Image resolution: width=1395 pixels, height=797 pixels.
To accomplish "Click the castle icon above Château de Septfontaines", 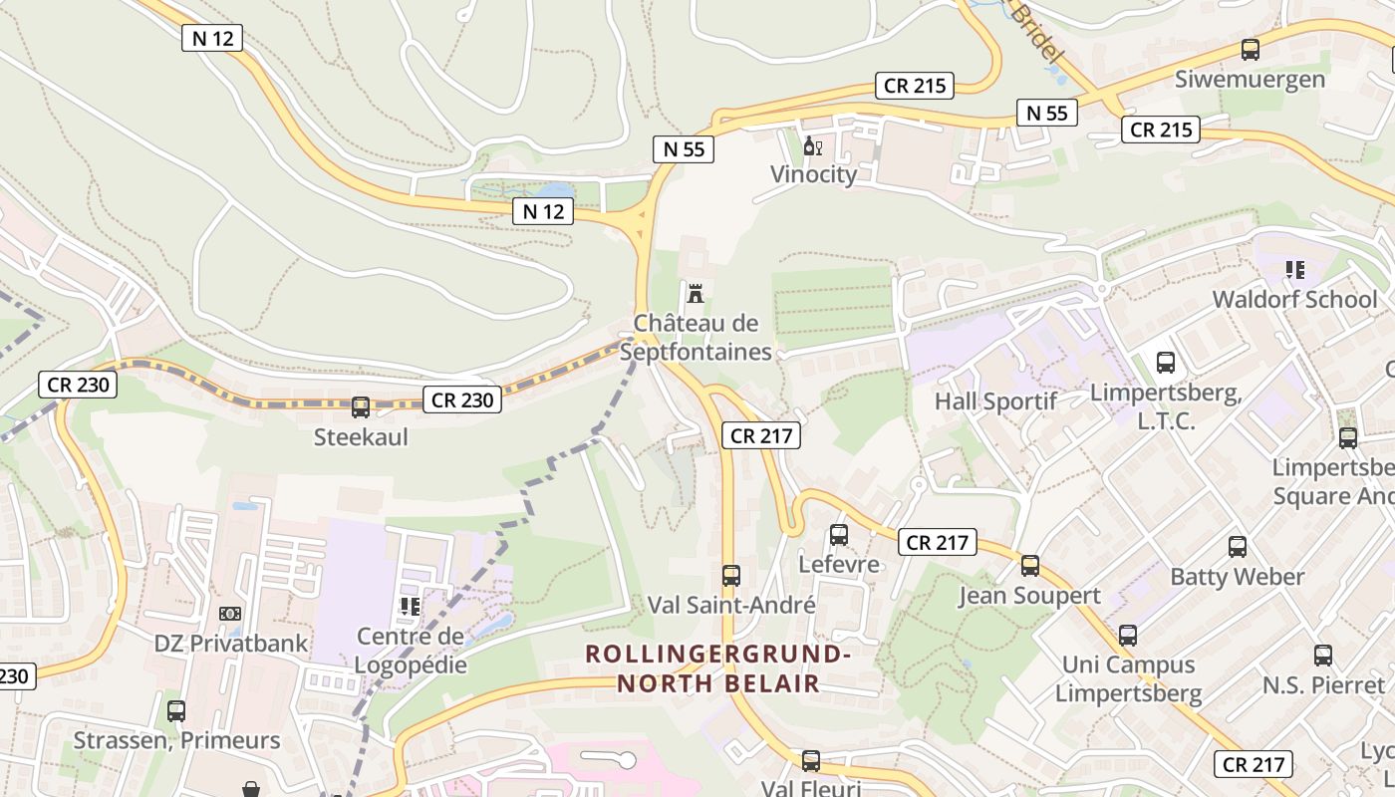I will [696, 294].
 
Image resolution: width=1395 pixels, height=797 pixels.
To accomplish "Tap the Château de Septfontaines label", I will [696, 338].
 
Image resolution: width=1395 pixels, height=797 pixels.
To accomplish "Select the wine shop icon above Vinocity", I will [813, 147].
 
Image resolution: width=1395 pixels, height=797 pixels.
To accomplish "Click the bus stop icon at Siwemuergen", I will [1250, 50].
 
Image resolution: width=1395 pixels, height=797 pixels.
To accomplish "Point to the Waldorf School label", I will [1294, 299].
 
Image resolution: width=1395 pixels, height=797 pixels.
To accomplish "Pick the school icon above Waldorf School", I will [1294, 270].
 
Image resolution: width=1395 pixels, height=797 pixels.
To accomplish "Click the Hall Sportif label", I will [995, 401].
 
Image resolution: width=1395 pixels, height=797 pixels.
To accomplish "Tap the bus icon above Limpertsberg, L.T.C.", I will [1165, 363].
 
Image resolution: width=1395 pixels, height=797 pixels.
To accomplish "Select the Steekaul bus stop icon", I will [361, 407].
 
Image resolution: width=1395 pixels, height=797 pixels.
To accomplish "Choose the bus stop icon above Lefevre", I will [839, 535].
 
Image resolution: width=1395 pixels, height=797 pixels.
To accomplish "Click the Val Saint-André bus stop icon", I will [731, 575].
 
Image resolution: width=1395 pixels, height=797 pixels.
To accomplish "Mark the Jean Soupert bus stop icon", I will [1029, 566].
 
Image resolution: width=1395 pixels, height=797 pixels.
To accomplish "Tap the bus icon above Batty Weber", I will [1237, 547].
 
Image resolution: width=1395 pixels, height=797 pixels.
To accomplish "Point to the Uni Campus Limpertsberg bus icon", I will [1127, 636].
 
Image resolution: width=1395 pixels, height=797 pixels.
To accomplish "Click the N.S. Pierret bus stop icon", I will [1322, 656].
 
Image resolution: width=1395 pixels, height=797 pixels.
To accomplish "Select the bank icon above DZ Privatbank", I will [230, 614].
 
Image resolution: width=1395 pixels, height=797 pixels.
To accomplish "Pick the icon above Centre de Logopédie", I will [410, 606].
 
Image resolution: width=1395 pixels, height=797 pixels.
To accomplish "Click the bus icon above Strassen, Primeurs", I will [176, 711].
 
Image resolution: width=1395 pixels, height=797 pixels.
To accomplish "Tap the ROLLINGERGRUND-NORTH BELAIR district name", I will [717, 668].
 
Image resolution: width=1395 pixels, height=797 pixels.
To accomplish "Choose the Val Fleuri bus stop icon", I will [811, 761].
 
